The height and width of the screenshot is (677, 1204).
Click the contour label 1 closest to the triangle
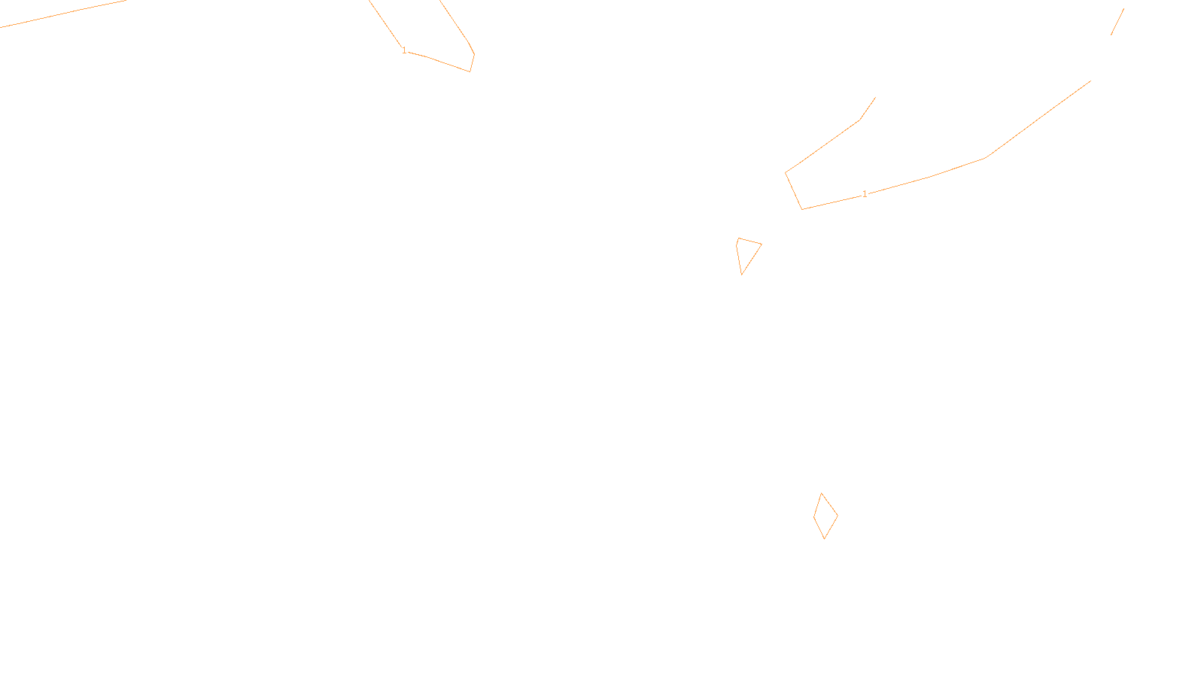(865, 194)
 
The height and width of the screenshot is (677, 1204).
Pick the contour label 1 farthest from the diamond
(404, 50)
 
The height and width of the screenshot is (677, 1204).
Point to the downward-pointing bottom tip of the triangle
(742, 275)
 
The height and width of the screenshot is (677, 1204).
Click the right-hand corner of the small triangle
(762, 244)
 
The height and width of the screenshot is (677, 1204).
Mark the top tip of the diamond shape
(822, 493)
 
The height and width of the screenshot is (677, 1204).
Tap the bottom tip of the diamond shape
(825, 539)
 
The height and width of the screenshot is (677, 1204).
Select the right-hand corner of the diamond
(838, 516)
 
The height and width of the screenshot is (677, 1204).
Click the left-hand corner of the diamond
(813, 516)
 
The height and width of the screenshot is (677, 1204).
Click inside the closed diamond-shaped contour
(825, 516)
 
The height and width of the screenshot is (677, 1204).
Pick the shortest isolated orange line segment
(1117, 22)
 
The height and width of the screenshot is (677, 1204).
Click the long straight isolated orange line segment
(62, 14)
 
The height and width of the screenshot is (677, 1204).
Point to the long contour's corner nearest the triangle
(801, 209)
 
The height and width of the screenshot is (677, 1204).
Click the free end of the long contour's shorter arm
(875, 97)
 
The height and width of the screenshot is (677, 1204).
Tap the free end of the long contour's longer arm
(1090, 81)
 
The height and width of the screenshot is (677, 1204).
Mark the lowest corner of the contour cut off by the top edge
(470, 71)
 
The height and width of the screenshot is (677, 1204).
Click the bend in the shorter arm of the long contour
(860, 120)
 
